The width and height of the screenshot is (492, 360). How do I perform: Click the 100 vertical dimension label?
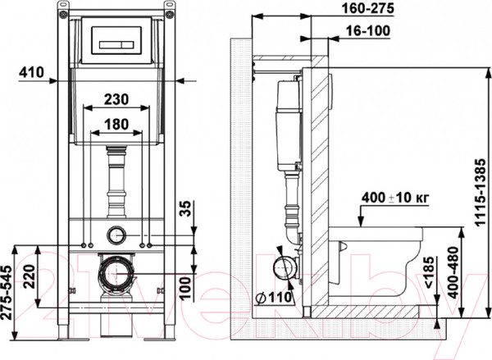click(x=185, y=286)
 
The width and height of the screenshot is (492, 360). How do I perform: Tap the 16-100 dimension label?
click(x=362, y=31)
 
